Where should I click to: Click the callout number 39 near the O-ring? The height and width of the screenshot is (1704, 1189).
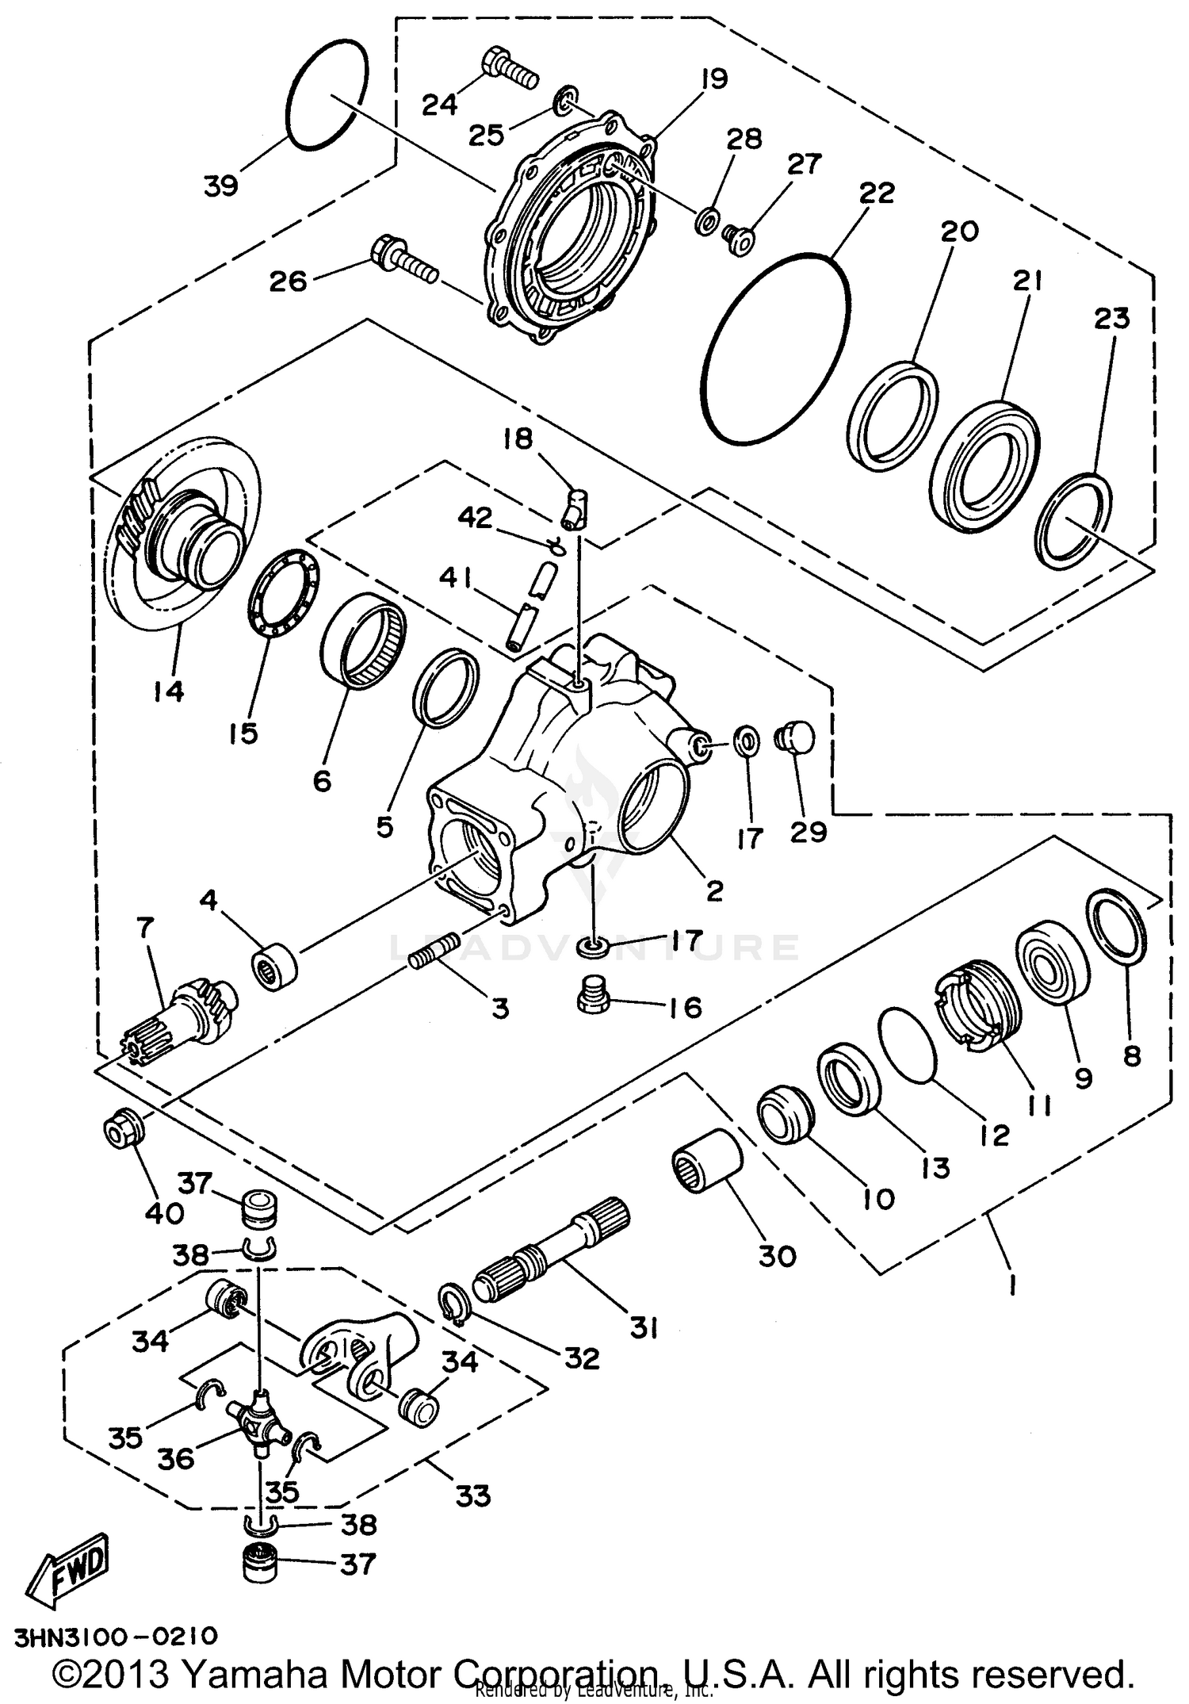coord(220,186)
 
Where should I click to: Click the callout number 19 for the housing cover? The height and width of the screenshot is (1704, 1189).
coord(713,78)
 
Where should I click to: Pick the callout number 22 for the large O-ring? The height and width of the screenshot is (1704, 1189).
coord(876,193)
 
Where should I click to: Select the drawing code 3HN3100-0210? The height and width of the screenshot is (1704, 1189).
coord(115,1635)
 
